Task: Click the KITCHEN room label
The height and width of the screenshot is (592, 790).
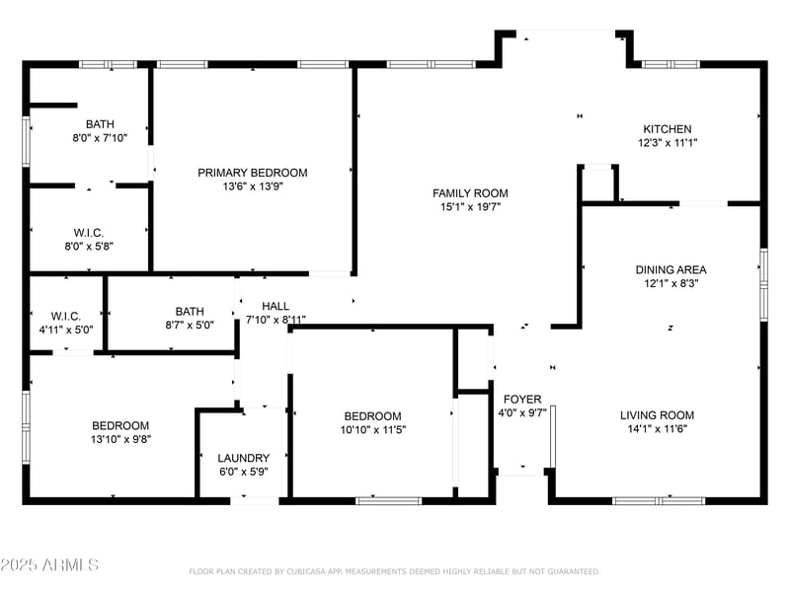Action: [668, 129]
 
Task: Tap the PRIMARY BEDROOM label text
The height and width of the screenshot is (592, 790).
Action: [252, 173]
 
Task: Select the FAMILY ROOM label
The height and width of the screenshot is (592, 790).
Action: [470, 193]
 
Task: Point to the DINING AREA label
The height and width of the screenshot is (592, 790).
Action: [671, 269]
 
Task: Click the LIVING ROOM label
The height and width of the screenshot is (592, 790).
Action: [657, 415]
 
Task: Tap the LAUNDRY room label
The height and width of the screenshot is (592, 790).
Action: [244, 458]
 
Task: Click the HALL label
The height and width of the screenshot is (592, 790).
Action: [276, 306]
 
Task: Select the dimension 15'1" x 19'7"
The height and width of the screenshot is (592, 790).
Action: [470, 207]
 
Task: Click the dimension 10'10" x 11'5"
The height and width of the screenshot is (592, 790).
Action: [372, 430]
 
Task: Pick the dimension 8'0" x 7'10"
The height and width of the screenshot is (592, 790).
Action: [100, 138]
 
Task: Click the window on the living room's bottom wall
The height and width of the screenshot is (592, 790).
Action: [658, 500]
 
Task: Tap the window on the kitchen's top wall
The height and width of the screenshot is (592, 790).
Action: [671, 64]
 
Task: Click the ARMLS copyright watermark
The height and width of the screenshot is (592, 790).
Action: [49, 565]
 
